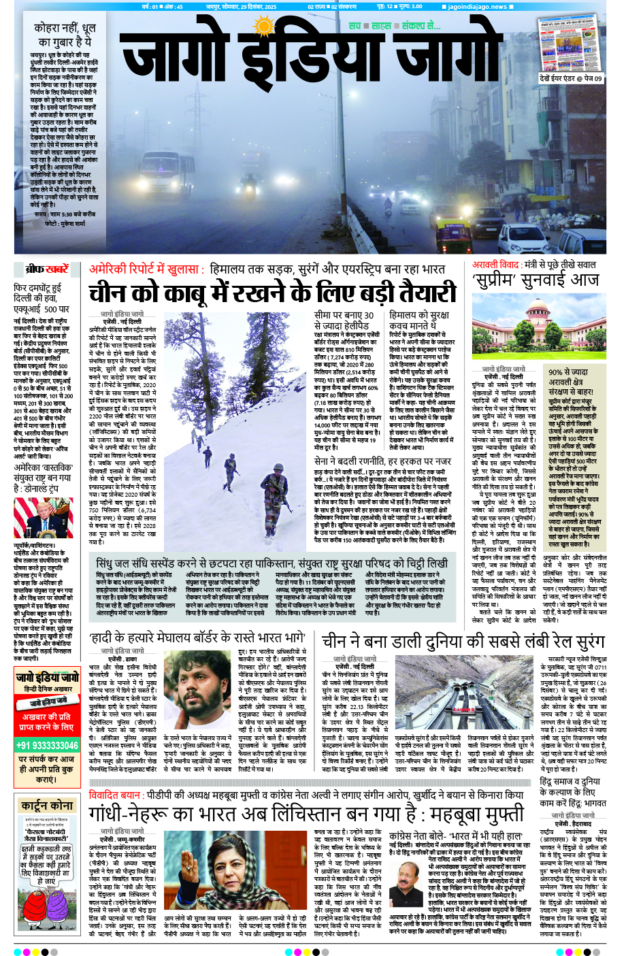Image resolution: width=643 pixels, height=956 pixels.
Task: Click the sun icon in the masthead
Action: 262,27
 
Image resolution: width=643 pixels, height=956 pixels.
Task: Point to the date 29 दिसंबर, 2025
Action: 250,7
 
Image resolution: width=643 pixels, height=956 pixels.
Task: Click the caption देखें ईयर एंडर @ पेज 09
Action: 570,78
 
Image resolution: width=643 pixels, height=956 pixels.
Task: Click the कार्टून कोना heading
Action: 47,806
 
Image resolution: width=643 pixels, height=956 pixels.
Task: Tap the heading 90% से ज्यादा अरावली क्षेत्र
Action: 570,377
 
